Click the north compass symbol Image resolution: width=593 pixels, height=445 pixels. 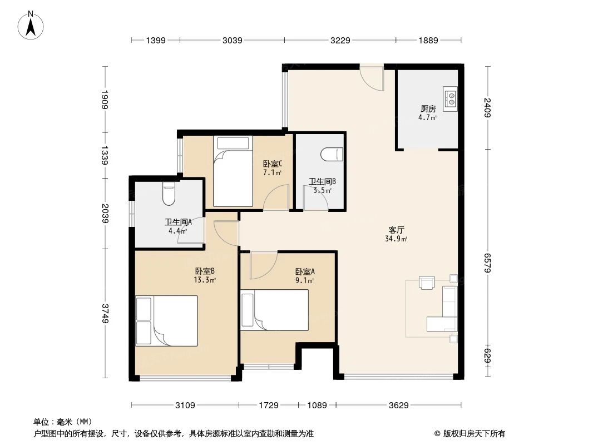click(x=32, y=24)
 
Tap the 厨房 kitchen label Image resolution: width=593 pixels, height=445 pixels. click(x=427, y=109)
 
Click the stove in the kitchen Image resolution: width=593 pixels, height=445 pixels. click(x=450, y=98)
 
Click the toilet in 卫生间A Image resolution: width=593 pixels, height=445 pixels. click(x=169, y=193)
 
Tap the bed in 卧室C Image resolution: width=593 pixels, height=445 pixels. click(x=233, y=171)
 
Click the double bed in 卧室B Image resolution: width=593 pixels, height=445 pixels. click(x=167, y=321)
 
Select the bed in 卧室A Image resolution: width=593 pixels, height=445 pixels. click(x=274, y=310)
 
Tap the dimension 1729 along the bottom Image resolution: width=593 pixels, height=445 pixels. click(x=268, y=406)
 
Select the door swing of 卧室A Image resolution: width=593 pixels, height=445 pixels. click(x=263, y=265)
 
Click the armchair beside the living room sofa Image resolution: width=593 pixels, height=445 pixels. click(x=427, y=283)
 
